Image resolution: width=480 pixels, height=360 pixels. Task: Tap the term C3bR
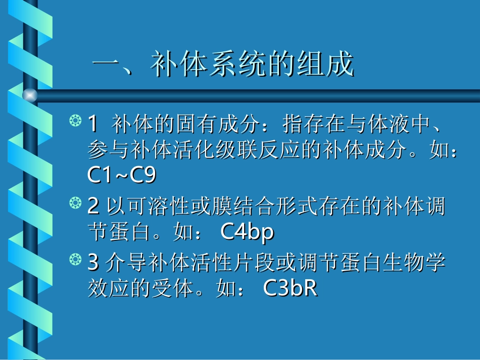coord(290,288)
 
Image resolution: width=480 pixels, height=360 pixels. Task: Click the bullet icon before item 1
coord(75,122)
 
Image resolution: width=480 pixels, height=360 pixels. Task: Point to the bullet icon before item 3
coord(75,261)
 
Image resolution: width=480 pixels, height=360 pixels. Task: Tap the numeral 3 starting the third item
coord(93,262)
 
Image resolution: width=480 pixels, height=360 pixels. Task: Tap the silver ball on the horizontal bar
coord(30,94)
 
